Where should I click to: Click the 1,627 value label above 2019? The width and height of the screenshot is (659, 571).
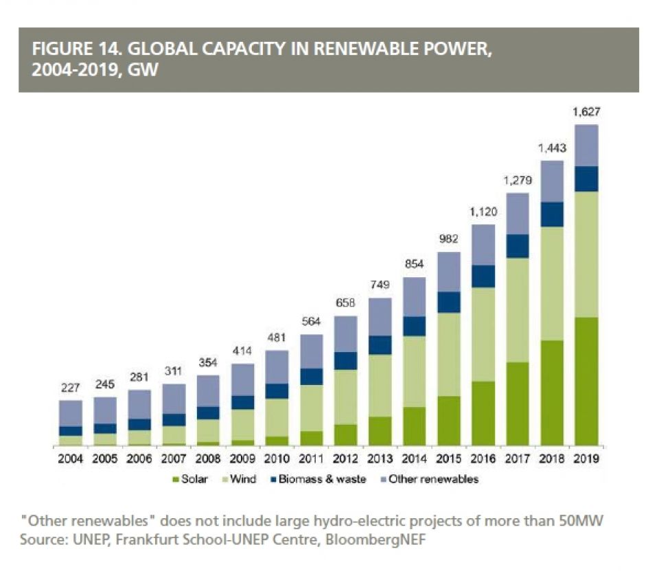(586, 111)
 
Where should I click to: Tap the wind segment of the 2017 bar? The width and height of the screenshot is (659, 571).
(517, 310)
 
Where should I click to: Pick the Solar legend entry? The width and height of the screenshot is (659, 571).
(194, 479)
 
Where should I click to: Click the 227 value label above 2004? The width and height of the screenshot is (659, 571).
(70, 388)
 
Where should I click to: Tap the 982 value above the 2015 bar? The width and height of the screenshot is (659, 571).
(448, 240)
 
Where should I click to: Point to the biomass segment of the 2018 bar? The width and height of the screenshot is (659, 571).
(551, 214)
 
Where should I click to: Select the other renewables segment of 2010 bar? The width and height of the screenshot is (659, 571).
(277, 367)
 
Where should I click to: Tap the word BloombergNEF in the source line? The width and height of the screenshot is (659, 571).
(386, 540)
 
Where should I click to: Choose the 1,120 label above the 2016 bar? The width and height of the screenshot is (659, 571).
(483, 212)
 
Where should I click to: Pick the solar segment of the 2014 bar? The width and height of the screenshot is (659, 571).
(414, 426)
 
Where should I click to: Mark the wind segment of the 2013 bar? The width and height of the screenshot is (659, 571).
(380, 386)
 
